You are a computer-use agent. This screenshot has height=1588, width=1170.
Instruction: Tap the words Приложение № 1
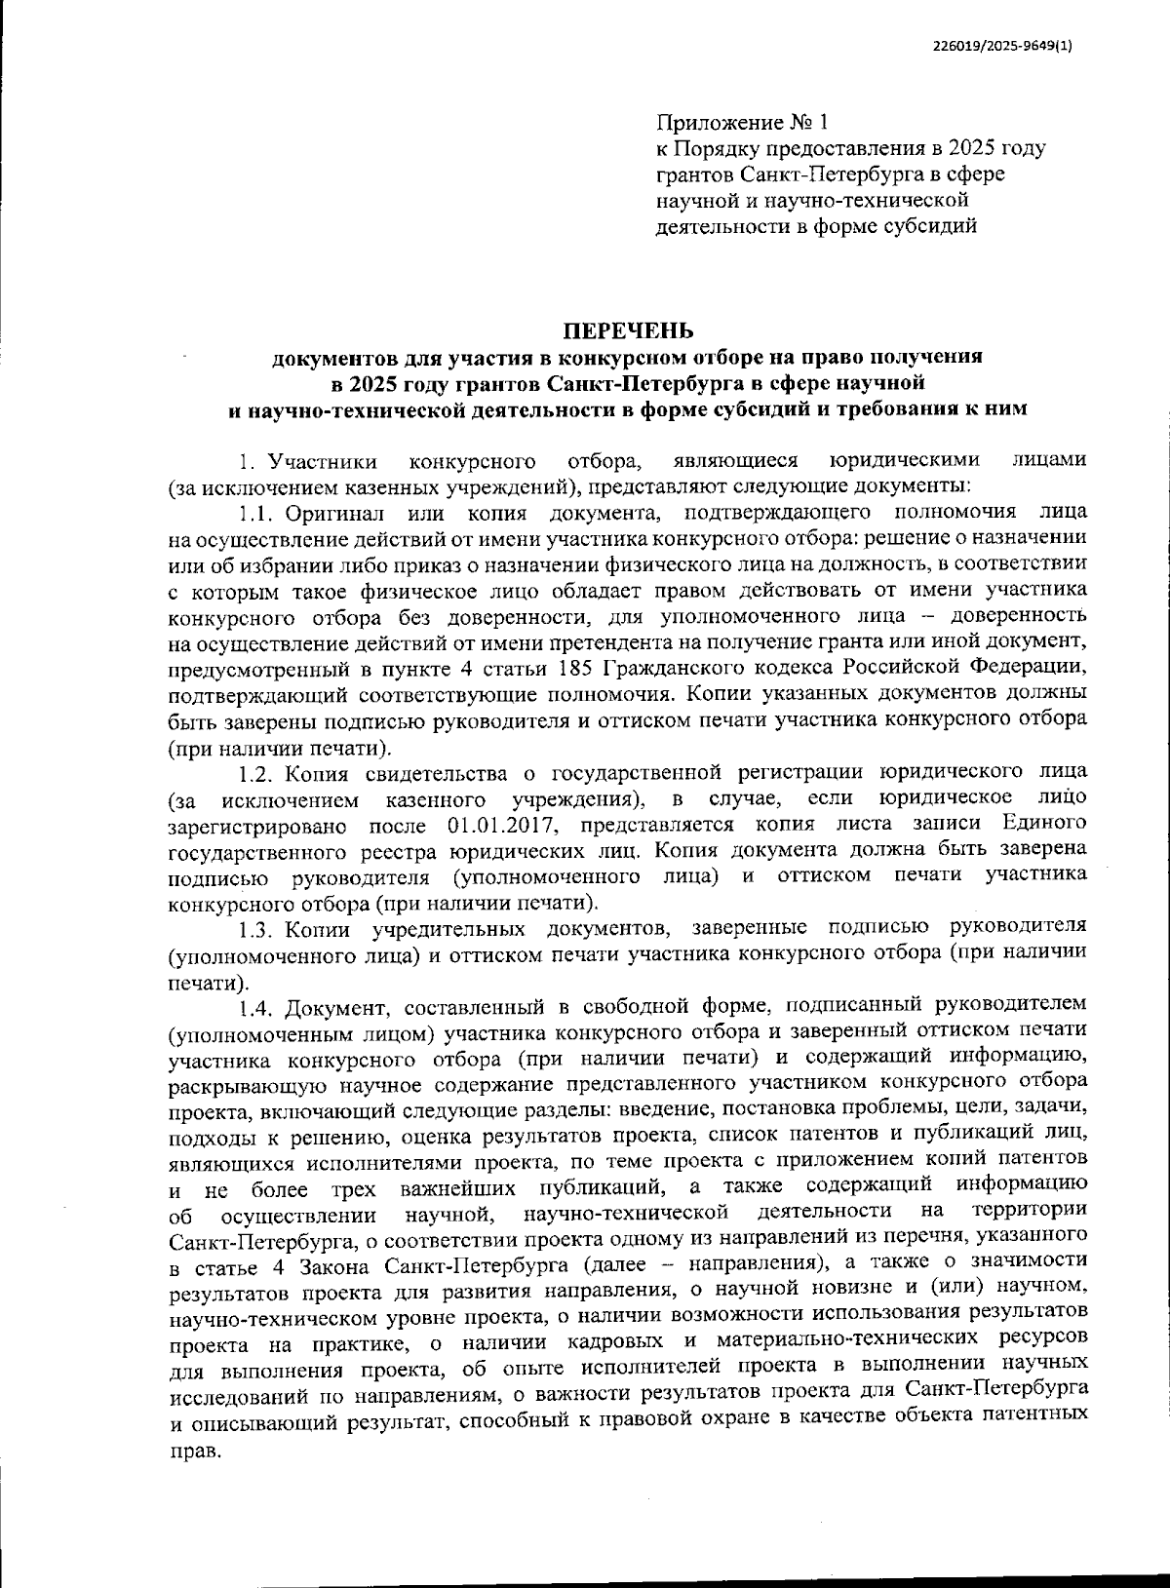click(x=742, y=123)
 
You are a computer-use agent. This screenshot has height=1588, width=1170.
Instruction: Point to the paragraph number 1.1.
click(x=258, y=512)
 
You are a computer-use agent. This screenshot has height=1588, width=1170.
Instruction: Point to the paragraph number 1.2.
click(x=259, y=774)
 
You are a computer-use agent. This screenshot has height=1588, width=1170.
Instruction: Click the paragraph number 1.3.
click(x=259, y=925)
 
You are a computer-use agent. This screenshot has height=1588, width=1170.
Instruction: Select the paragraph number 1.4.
click(x=259, y=1004)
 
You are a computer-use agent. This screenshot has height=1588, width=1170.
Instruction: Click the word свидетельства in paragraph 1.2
click(x=437, y=774)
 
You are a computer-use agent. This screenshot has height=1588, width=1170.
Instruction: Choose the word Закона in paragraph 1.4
click(x=343, y=1267)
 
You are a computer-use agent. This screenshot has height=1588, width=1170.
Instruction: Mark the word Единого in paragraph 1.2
click(x=1048, y=827)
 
